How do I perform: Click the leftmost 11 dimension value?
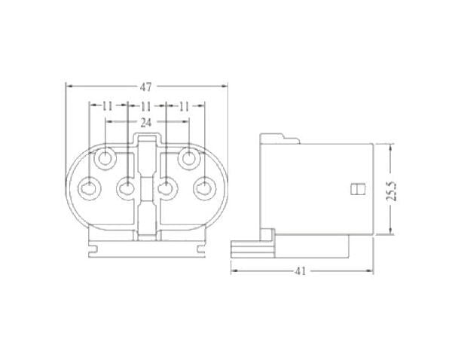click(107, 106)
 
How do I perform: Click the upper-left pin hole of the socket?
click(106, 159)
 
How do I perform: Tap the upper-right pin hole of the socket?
click(188, 159)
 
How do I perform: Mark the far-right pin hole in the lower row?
click(204, 188)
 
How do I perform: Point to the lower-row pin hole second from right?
click(166, 188)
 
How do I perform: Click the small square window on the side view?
click(358, 189)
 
